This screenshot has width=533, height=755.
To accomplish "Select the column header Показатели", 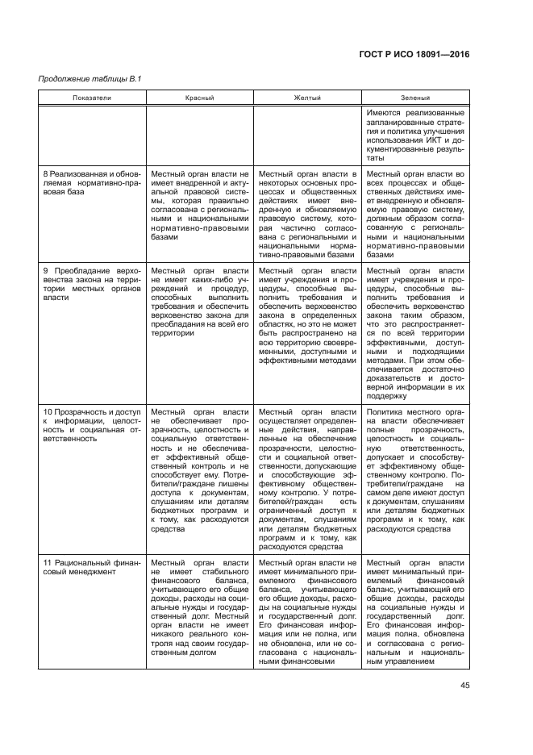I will coord(91,97).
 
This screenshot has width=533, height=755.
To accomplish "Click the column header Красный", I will coord(199,97).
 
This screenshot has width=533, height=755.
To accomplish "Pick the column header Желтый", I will coord(307,97).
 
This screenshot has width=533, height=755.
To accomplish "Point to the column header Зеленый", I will coord(415,97).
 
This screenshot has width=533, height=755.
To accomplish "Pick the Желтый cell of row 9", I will coord(307,315).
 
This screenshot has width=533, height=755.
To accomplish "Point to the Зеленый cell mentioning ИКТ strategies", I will coord(415,135).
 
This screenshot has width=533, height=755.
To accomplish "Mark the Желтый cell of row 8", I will coord(307,214).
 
